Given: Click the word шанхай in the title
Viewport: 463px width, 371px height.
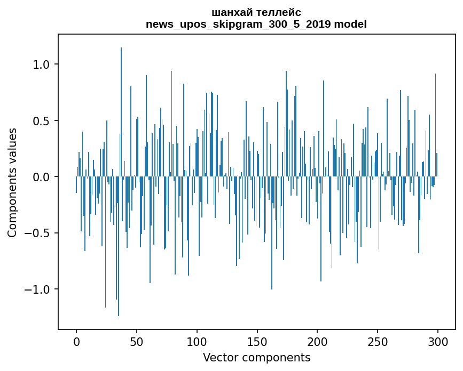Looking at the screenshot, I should pos(229,12).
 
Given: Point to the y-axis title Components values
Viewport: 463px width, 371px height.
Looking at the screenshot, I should pos(12,182).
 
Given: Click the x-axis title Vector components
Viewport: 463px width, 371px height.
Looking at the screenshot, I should pos(256,358).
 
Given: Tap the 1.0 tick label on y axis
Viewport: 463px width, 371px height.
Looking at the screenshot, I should pos(42,64).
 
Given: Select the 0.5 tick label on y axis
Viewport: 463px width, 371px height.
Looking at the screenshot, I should pos(42,121).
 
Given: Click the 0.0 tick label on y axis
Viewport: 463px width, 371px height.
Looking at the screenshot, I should pos(42,177).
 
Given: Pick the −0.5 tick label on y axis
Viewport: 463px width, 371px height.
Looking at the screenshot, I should pos(37,233).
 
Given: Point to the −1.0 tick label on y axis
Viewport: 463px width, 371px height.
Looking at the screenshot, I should pos(37,289).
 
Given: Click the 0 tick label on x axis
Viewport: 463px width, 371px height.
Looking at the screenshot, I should pos(76,341).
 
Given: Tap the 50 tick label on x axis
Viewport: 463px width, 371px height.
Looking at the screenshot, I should pos(137,341).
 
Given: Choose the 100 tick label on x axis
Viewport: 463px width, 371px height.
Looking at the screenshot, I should pos(197,341).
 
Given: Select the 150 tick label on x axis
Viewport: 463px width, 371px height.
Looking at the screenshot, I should pos(257,341).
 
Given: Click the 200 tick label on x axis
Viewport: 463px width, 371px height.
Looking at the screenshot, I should pos(317,341).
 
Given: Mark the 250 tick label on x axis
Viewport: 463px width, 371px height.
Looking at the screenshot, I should pos(378,341).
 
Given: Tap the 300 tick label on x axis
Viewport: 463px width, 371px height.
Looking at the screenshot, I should pos(438,341).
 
